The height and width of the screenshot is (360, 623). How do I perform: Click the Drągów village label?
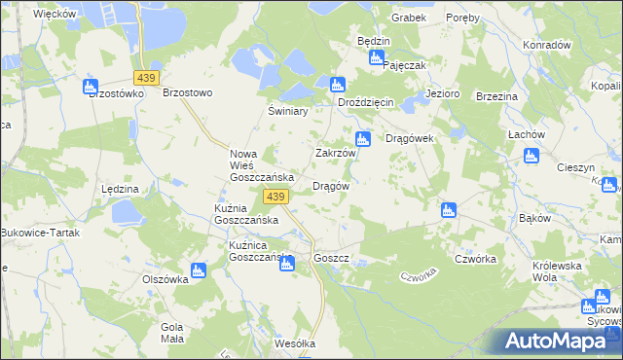click(x=330, y=186)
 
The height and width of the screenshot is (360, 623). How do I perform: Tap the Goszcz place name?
click(x=332, y=259)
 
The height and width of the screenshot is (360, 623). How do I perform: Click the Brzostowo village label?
click(x=187, y=93)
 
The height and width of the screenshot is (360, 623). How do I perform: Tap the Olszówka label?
click(x=164, y=278)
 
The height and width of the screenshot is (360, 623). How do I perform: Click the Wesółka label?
click(x=295, y=343)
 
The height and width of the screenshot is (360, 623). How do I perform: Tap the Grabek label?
click(x=410, y=18)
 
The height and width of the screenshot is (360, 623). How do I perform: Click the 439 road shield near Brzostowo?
click(x=148, y=77)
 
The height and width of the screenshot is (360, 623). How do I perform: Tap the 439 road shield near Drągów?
click(x=275, y=198)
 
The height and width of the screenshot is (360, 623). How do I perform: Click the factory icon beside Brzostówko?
click(x=92, y=87)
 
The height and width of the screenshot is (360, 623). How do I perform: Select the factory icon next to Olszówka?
click(x=199, y=271)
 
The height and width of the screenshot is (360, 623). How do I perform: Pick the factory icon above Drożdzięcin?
click(x=337, y=85)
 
